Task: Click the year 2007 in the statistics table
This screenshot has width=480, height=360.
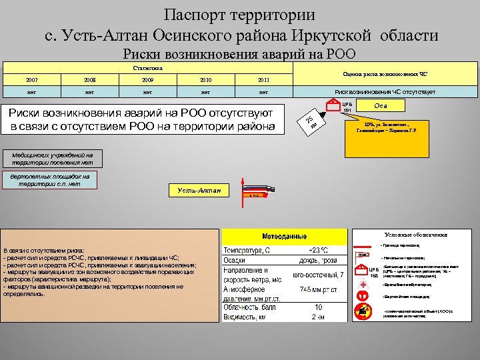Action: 32,80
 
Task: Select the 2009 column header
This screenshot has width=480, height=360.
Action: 147,80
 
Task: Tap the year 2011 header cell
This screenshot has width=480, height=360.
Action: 263,80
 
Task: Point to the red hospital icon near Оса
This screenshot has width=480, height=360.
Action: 331,105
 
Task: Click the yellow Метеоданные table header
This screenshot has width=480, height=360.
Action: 285,237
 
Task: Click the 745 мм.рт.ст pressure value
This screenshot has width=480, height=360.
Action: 318,290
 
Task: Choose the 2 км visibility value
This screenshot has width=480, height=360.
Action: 318,317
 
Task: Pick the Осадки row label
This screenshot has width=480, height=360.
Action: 234,261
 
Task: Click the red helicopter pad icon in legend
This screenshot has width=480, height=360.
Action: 363,296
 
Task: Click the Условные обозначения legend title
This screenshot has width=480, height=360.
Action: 416,234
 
